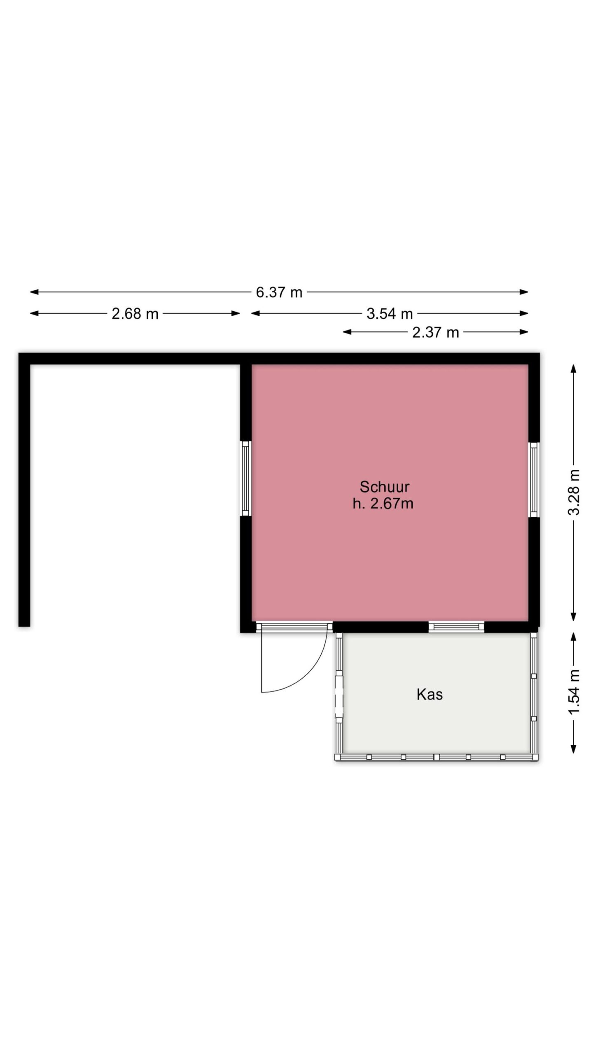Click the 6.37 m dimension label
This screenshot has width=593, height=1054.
(x=279, y=292)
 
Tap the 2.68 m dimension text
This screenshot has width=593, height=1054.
(x=135, y=314)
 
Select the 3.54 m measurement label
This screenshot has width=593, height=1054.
(x=390, y=314)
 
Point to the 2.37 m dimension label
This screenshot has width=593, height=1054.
(x=435, y=332)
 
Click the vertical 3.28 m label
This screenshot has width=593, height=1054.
(x=574, y=492)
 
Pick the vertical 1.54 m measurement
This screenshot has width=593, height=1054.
(x=574, y=692)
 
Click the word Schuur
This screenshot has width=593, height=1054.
(x=384, y=487)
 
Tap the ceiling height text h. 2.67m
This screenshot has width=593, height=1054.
(x=383, y=503)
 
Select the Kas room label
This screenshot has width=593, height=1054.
(x=430, y=694)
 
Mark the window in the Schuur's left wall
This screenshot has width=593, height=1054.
(x=246, y=478)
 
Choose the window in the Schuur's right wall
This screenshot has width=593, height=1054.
(x=534, y=480)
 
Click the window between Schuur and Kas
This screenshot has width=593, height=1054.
(x=456, y=627)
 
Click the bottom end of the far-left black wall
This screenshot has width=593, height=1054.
(x=24, y=626)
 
